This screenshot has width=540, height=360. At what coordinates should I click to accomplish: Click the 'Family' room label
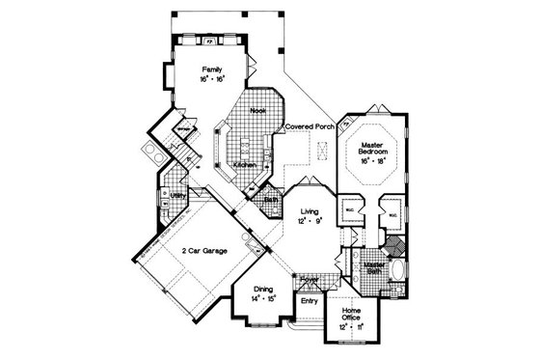pos(211,69)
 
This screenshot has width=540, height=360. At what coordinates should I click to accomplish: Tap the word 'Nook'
pos(257,111)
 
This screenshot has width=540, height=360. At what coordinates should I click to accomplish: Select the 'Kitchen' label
pos(245,166)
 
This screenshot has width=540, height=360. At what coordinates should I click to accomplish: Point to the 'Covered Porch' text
pos(308,126)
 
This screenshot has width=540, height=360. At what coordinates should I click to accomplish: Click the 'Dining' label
pos(263,289)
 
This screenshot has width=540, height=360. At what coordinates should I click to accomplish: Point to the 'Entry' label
pos(309,301)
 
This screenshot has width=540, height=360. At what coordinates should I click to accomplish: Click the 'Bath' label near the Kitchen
pos(272,201)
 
